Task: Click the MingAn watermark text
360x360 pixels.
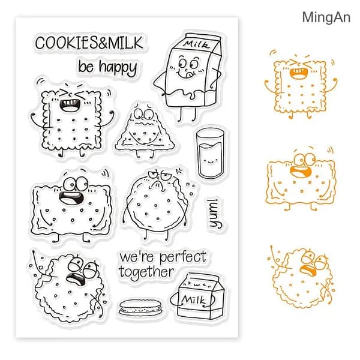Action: [x=326, y=17]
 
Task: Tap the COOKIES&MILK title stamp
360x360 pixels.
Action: [x=89, y=43]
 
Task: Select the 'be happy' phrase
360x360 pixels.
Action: [x=107, y=67]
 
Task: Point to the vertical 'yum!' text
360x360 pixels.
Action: [x=215, y=214]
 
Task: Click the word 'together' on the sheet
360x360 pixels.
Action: [x=146, y=272]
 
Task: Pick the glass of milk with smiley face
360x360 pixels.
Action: [x=210, y=153]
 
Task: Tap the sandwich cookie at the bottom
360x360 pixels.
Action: [x=140, y=307]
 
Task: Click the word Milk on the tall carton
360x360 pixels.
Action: [x=197, y=44]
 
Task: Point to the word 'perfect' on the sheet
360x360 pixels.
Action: [x=183, y=257]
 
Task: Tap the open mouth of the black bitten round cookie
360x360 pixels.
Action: [x=76, y=278]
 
